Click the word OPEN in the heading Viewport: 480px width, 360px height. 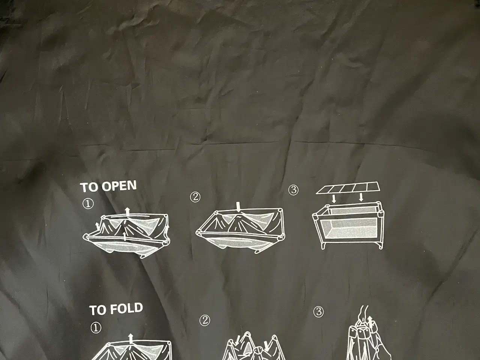119,186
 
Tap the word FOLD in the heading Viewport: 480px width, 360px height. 126,308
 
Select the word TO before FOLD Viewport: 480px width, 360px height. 98,310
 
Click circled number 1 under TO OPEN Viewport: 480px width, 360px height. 88,204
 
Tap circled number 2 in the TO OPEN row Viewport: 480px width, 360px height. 195,197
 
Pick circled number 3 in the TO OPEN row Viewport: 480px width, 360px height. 293,190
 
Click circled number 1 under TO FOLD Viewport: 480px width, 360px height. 96,328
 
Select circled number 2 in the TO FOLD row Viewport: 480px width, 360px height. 205,321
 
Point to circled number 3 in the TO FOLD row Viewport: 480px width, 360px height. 319,312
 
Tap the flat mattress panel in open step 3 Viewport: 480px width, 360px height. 348,188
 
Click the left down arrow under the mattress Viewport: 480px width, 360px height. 334,199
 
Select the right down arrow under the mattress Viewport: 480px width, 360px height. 361,198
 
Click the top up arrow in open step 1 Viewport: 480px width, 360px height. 127,212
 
